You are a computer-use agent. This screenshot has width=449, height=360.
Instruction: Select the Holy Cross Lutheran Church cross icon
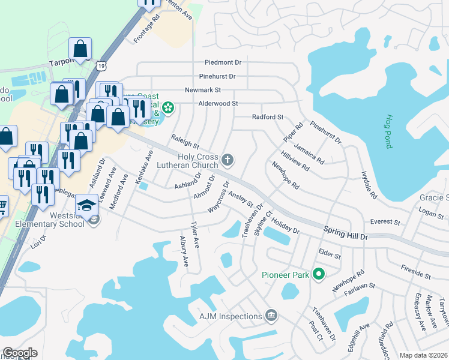227,160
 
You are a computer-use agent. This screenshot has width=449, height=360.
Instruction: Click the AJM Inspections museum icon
271,316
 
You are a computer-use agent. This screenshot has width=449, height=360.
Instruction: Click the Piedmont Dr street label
222,62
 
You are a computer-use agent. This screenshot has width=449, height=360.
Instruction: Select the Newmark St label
203,90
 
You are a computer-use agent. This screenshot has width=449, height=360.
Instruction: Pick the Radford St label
267,117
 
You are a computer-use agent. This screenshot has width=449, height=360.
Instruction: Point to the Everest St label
385,221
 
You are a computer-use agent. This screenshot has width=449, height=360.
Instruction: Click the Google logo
20,353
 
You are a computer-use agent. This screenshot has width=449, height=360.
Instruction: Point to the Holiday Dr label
285,226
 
